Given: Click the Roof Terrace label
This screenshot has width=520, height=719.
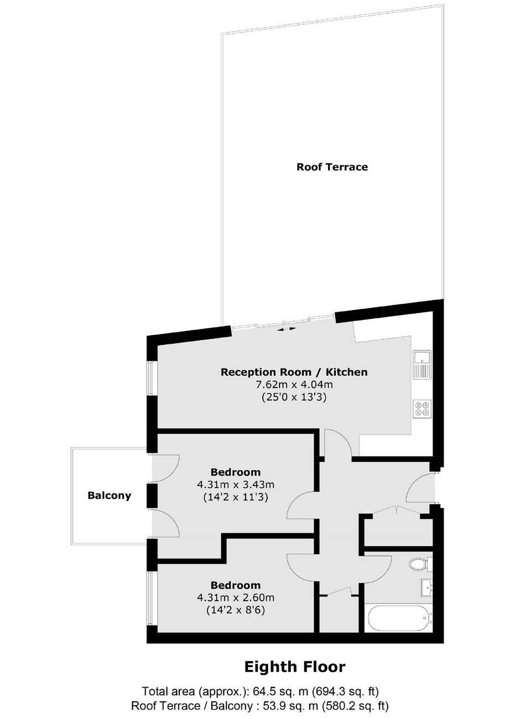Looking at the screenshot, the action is [x=332, y=167].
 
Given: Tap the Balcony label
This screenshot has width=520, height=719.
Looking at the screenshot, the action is [x=110, y=495].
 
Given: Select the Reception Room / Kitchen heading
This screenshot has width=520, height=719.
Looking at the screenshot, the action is [x=294, y=372].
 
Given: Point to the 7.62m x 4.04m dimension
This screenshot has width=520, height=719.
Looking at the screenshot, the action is [x=293, y=384].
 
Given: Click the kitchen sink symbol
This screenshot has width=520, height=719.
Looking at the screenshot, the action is [x=423, y=365].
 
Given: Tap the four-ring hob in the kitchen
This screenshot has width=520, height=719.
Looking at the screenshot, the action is [x=422, y=409].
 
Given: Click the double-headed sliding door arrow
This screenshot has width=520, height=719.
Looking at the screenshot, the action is [x=287, y=329].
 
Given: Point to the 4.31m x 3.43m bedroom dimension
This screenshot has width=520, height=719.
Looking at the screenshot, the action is [x=236, y=484].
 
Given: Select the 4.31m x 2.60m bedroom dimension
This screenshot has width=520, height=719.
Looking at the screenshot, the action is [x=236, y=597].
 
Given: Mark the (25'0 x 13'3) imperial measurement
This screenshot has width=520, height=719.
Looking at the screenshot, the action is [x=293, y=397].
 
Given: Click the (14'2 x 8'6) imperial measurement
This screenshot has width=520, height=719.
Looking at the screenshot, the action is [x=236, y=610].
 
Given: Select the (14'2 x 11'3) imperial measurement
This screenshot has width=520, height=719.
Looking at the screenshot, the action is [x=236, y=497].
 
